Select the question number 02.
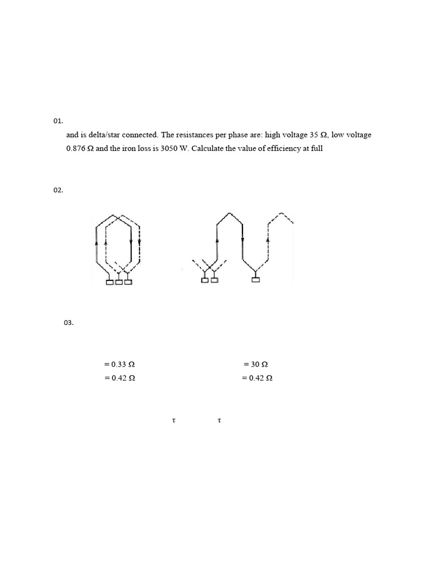coord(58,190)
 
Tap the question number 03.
coord(69,323)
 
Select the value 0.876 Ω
coord(79,149)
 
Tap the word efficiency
coord(282,149)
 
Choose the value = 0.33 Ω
coord(119,365)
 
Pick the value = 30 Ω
coord(256,365)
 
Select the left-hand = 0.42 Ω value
coord(119,378)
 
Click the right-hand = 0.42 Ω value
coord(257,378)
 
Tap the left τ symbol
coord(173,421)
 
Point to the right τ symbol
coord(219,421)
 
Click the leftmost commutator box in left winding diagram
coord(110,282)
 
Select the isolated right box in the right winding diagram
coord(255,280)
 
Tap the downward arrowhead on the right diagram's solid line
coord(242,240)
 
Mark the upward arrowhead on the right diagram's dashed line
coord(268,240)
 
